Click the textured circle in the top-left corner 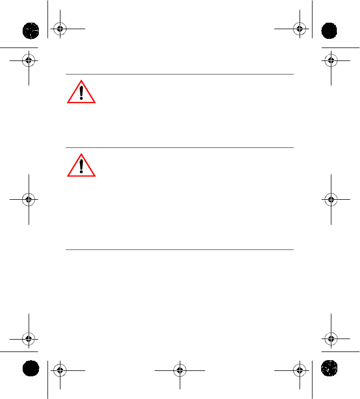coord(31,30)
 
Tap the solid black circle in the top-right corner coord(328,30)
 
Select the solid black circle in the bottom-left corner coord(31,369)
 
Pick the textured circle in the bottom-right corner coord(328,369)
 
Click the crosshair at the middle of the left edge coord(29,199)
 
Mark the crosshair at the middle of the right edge coord(330,199)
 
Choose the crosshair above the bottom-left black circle coord(29,339)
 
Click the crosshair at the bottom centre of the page coord(180,370)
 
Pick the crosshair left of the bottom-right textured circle coord(299,370)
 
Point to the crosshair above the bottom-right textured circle coord(330,339)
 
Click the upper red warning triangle coord(81,93)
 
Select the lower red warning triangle coord(81,166)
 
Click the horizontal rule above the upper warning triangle coord(180,75)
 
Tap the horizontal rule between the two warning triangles coord(180,147)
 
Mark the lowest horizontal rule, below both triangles coord(180,249)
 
